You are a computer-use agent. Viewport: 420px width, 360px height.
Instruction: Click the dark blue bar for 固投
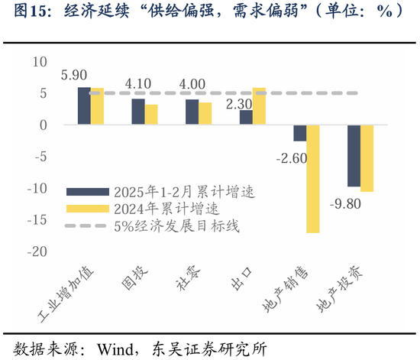137,112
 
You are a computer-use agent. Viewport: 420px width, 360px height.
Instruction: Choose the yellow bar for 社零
205,113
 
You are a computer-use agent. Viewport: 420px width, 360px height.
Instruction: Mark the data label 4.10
141,84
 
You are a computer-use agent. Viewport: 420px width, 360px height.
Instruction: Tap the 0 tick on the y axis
44,125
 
